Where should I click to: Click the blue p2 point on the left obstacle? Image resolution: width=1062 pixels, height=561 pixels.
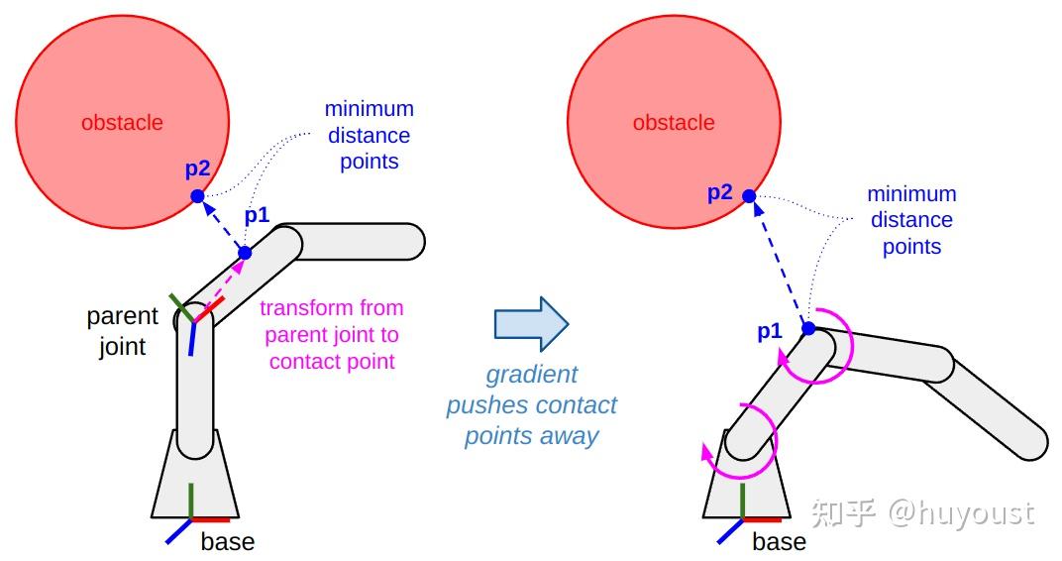point(197,196)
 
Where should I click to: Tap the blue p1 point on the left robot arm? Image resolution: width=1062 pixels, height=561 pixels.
point(245,253)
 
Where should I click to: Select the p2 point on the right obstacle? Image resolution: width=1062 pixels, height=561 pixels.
point(749,196)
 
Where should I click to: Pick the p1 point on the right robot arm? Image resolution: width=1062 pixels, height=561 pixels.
point(808,328)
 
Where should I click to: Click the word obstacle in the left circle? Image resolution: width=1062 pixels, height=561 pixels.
point(122,123)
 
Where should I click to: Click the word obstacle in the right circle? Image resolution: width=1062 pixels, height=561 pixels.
point(674,123)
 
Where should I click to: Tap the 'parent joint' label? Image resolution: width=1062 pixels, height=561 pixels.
point(122,331)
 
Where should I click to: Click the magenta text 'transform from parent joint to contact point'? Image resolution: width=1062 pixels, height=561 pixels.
point(332,335)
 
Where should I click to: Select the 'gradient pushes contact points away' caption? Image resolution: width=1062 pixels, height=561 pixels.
point(532,405)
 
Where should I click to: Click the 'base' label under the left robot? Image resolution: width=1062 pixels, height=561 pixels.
point(228,542)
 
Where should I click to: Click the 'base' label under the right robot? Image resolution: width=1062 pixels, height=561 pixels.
point(780,542)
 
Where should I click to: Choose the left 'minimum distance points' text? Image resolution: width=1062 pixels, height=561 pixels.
point(370,136)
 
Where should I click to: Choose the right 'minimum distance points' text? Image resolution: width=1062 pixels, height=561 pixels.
point(911,220)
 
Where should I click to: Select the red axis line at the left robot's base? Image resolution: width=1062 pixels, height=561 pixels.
point(210,519)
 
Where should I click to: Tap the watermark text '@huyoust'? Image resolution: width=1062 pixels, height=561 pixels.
point(960,512)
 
